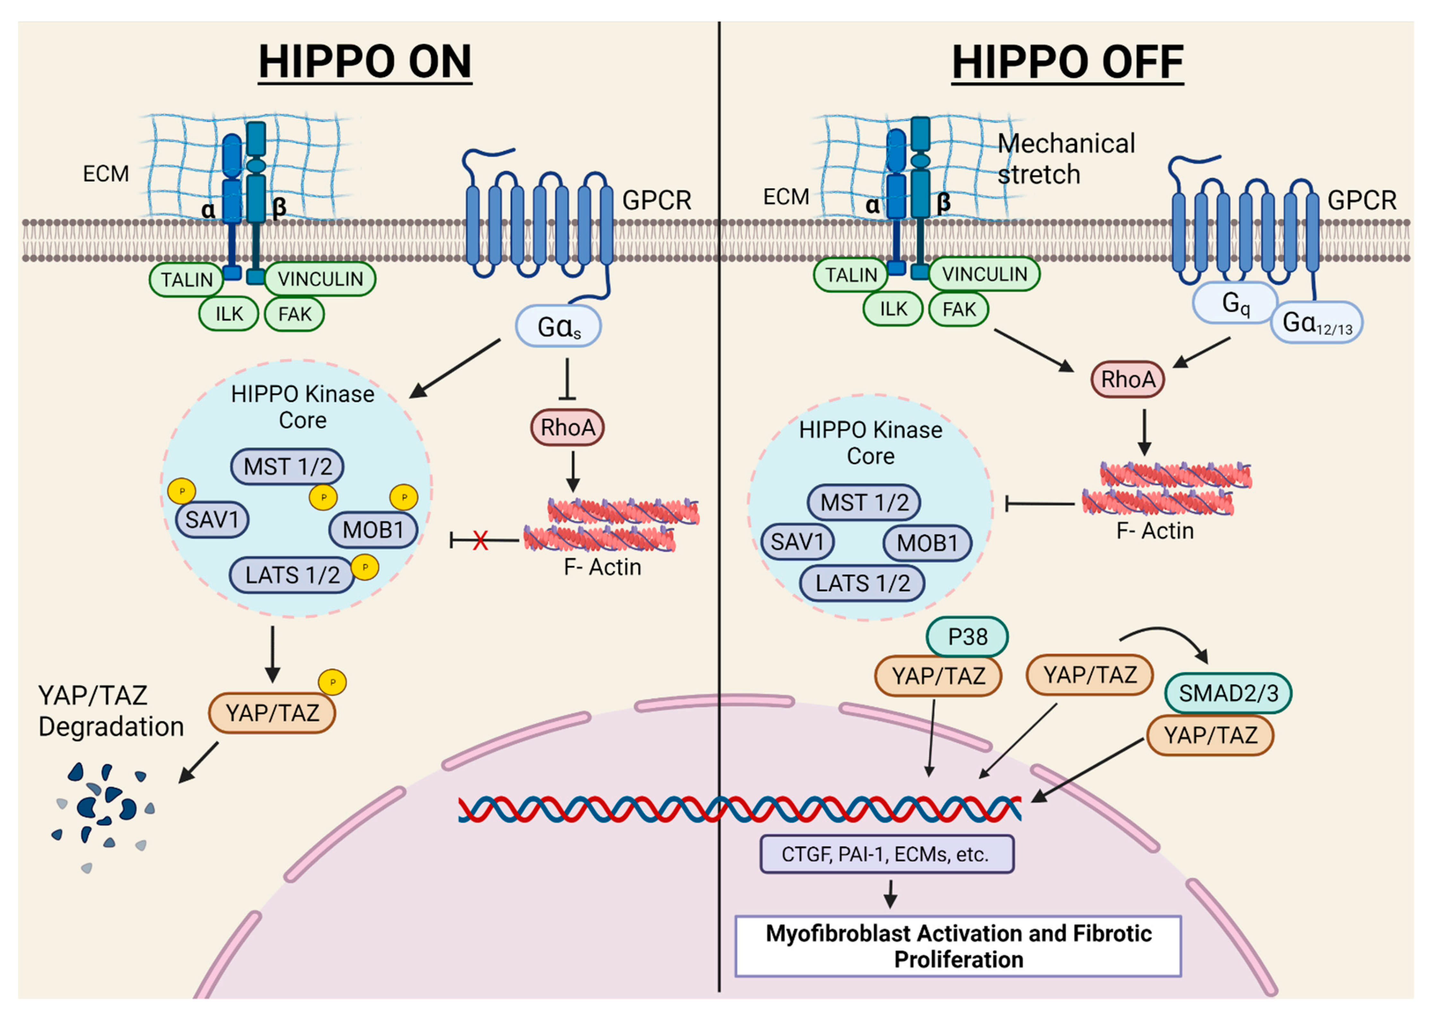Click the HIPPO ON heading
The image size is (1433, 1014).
point(365,62)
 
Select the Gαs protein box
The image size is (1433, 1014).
point(558,326)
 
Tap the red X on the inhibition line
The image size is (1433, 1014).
point(480,540)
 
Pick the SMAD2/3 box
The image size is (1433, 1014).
point(1228,693)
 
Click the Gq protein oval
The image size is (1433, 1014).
point(1235,303)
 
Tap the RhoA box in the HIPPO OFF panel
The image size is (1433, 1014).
point(1128,379)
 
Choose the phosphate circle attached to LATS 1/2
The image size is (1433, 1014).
point(365,567)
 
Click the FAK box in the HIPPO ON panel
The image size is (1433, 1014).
point(294,313)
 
